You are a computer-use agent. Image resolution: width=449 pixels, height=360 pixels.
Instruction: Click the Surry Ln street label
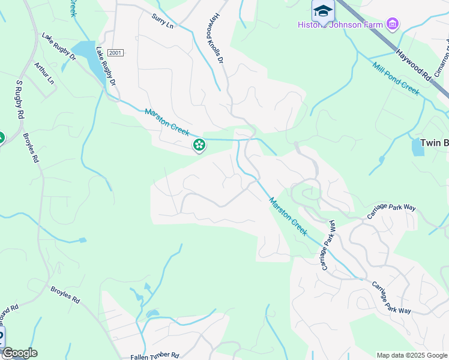162,22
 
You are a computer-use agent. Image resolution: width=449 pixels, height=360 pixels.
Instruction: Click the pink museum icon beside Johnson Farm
393,25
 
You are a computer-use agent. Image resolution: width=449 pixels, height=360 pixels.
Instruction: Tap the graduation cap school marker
323,11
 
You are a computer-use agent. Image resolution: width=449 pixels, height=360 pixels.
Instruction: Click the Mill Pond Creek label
396,78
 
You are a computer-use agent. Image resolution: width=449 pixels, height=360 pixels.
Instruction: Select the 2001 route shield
116,53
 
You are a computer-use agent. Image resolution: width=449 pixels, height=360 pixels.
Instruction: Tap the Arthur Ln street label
44,73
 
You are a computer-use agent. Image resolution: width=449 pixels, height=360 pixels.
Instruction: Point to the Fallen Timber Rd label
155,356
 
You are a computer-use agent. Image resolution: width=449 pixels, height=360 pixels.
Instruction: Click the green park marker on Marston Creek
199,145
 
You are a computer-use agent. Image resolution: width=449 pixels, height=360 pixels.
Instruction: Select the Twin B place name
434,143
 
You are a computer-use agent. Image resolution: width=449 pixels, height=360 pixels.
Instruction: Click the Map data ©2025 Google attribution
411,355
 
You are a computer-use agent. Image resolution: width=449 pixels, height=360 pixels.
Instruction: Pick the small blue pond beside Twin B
418,147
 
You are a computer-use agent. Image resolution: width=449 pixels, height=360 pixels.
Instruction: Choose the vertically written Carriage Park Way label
329,245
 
